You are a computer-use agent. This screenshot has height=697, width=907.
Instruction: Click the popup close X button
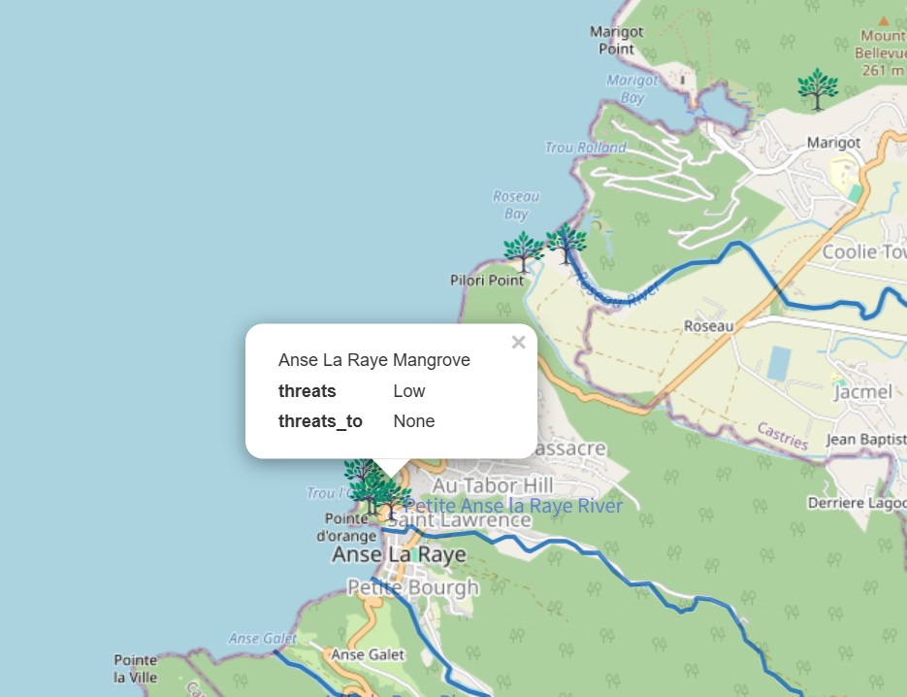(518, 342)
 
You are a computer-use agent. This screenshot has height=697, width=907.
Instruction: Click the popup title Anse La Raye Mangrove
(373, 360)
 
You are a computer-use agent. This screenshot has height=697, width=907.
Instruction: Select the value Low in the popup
(409, 391)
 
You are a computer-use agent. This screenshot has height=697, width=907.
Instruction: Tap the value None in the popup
(414, 421)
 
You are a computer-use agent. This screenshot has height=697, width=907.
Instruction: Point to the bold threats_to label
(320, 421)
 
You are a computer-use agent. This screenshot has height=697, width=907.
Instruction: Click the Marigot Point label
(616, 40)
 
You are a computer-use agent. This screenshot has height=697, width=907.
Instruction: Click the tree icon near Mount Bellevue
(818, 88)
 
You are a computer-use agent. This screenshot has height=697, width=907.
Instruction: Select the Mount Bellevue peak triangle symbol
(883, 19)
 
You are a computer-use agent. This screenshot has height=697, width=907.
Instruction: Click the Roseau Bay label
(516, 205)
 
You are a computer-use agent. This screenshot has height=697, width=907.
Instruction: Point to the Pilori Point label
(487, 281)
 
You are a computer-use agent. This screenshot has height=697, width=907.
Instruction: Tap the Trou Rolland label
(586, 148)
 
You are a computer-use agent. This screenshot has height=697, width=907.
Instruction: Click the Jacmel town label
(862, 392)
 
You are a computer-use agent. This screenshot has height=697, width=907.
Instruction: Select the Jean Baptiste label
(865, 440)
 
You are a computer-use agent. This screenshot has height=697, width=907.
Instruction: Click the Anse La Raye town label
(399, 554)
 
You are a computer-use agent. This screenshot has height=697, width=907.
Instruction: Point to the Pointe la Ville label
(136, 669)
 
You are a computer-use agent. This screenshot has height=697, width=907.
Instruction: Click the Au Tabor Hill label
(493, 484)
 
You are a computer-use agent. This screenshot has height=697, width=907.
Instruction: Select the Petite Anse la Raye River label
(514, 506)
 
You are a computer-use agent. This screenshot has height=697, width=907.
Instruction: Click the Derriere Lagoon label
(857, 503)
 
